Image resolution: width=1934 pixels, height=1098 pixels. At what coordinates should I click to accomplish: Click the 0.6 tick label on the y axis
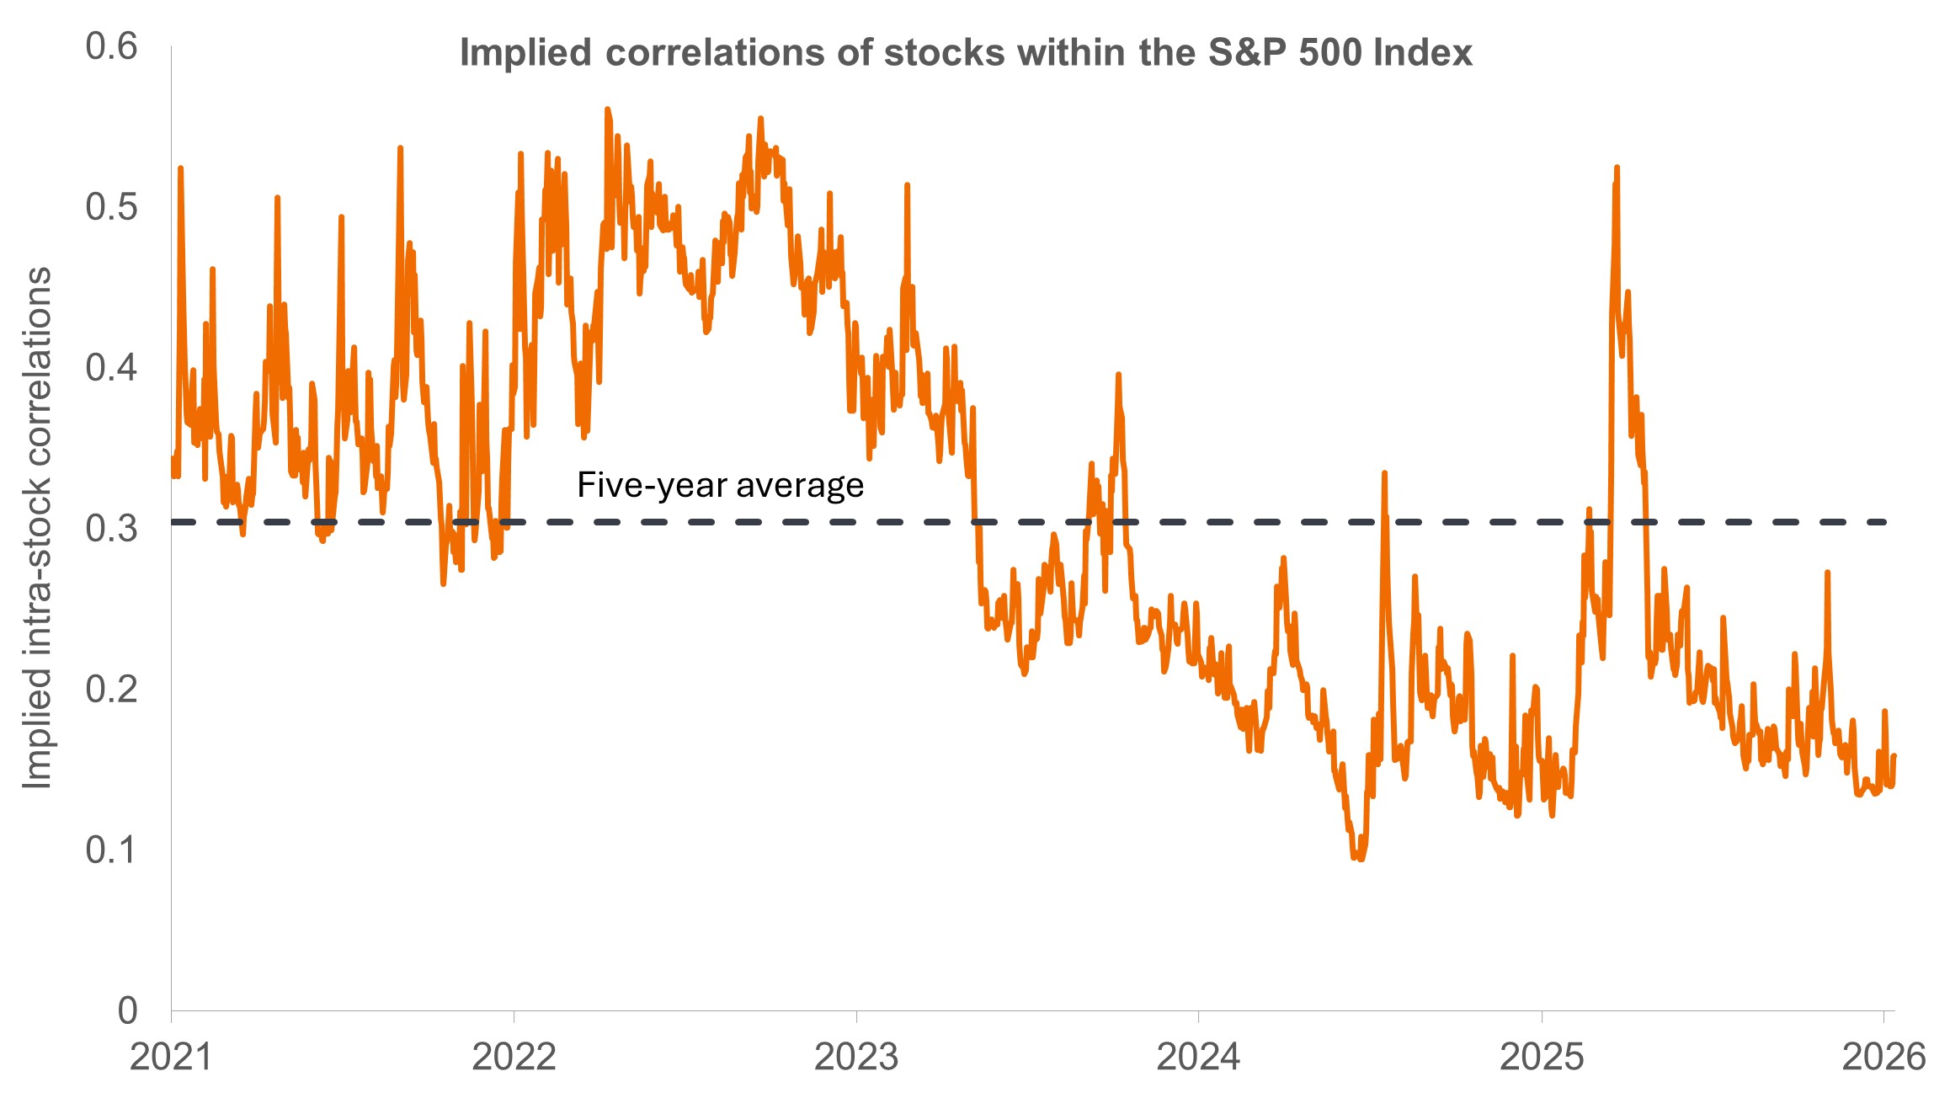pos(111,46)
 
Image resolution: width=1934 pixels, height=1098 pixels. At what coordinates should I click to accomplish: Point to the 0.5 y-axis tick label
pos(111,207)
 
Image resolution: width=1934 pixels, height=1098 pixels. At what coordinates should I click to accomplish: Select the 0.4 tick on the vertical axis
pos(111,368)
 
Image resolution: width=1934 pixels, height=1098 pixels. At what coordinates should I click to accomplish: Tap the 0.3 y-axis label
pos(111,529)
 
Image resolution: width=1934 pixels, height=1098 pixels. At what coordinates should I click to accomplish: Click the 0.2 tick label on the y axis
pos(111,690)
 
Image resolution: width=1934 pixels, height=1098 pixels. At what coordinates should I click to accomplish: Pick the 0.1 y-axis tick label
pos(111,850)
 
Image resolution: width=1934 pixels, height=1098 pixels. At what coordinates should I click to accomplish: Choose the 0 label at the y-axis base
pos(127,1010)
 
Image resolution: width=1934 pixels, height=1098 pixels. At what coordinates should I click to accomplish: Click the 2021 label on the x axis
pos(171,1057)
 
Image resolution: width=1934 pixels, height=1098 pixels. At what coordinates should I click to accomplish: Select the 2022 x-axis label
pos(514,1057)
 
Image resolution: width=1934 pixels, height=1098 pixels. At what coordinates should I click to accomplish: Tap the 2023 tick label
pos(856,1057)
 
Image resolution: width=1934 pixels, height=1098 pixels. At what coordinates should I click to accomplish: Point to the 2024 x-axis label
pos(1198,1057)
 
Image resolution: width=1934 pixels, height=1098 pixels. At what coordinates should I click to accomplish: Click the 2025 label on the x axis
pos(1542,1057)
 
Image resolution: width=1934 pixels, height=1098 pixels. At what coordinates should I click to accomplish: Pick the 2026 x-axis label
pos(1883,1057)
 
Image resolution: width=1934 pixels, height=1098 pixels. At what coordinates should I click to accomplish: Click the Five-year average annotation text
pos(720,486)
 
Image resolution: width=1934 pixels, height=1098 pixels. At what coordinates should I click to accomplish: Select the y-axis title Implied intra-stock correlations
pos(38,529)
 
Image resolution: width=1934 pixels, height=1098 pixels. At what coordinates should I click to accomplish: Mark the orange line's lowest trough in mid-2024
pos(1358,858)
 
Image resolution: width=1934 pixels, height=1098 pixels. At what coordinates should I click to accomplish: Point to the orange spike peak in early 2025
pos(1617,168)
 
